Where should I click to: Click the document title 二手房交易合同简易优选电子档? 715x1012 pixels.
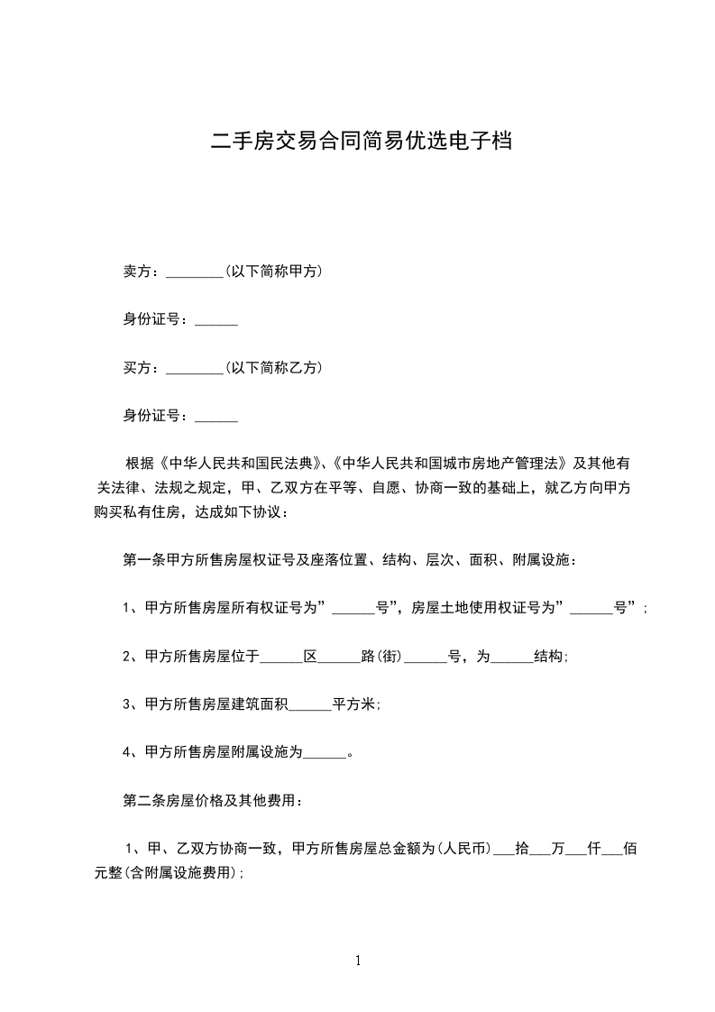click(x=361, y=141)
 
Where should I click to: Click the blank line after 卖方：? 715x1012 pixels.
click(x=195, y=271)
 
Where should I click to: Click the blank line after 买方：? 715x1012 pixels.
click(x=195, y=368)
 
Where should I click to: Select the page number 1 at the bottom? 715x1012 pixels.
click(x=358, y=961)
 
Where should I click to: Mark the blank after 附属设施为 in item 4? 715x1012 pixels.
click(x=325, y=754)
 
